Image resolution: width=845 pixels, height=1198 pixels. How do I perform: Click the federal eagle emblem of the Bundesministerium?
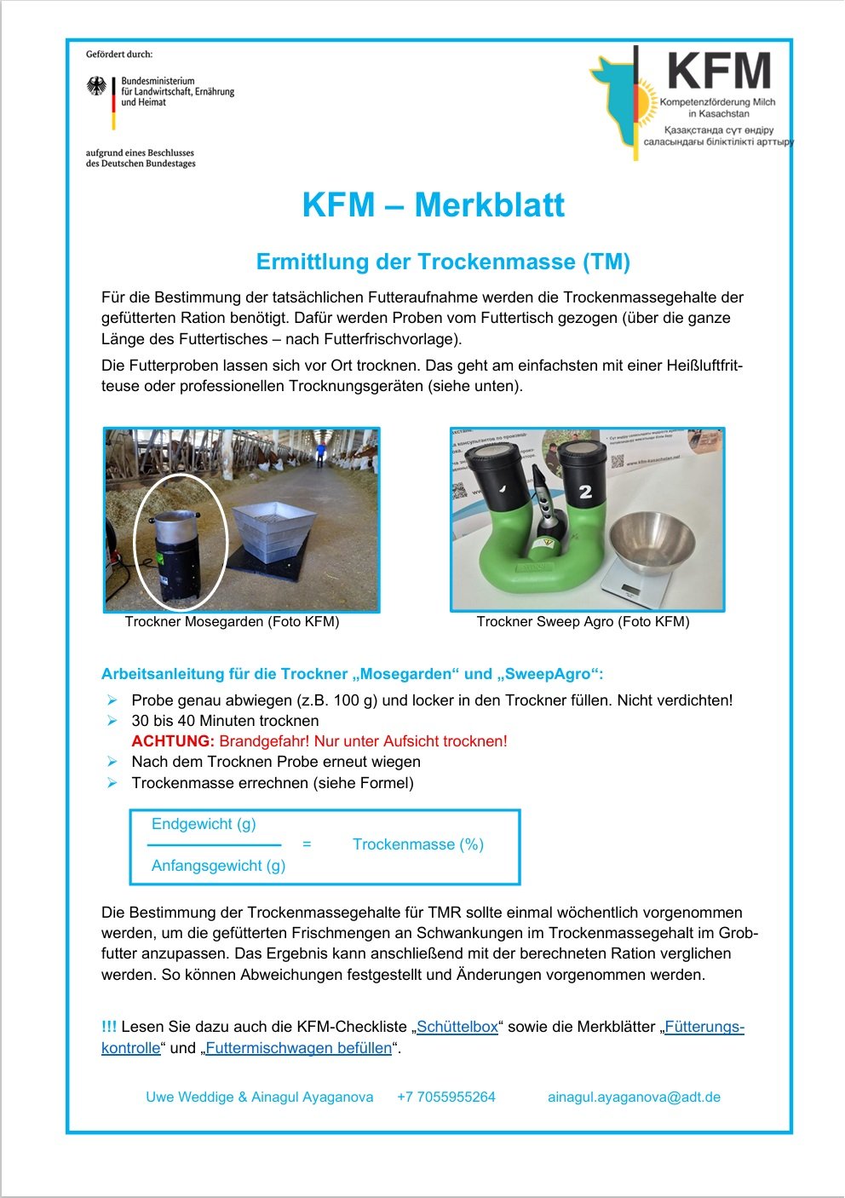tap(97, 87)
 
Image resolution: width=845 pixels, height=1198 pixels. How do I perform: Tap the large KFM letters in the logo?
tap(719, 72)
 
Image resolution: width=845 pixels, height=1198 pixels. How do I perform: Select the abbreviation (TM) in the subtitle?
tap(606, 262)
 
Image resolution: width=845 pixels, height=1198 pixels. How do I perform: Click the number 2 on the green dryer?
tap(585, 492)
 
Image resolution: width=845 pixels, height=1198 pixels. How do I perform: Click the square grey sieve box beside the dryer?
tap(270, 529)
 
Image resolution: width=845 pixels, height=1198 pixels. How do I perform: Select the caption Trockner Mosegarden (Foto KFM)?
tap(232, 622)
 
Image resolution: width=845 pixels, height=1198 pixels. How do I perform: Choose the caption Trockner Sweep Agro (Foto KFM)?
tap(583, 622)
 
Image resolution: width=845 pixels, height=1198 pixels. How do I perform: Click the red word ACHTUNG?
tap(173, 741)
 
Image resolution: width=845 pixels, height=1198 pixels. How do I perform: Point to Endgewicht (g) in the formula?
tap(204, 824)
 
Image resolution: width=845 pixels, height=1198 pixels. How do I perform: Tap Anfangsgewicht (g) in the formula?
tap(218, 866)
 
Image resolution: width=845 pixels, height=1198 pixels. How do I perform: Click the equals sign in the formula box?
tap(307, 844)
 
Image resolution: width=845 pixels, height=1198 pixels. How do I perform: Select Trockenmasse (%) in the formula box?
tap(418, 844)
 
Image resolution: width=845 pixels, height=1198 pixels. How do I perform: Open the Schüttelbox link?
tap(457, 1027)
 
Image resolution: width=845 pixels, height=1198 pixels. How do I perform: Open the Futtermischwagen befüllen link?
tap(298, 1048)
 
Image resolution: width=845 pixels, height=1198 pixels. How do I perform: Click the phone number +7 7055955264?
tap(446, 1097)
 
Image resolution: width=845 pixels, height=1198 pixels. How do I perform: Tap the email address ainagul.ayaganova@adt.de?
tap(634, 1097)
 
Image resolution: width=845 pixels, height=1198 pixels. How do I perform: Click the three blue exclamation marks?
tap(109, 1027)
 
